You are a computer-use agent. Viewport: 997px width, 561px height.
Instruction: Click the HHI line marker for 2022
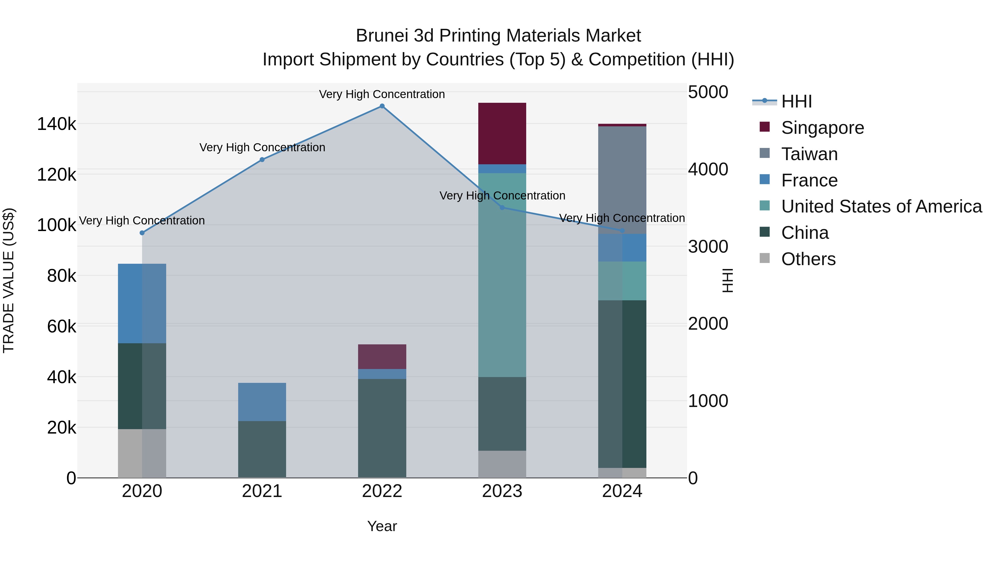pyautogui.click(x=382, y=106)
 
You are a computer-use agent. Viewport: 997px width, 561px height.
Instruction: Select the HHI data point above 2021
pyautogui.click(x=262, y=160)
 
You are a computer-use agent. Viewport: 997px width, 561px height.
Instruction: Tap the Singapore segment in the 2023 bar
pyautogui.click(x=502, y=134)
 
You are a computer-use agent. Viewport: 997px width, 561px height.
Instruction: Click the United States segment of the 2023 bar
pyautogui.click(x=502, y=275)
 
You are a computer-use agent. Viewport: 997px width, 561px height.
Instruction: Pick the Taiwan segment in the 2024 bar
pyautogui.click(x=622, y=178)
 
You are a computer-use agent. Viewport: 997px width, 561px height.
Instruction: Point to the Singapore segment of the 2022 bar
pyautogui.click(x=382, y=357)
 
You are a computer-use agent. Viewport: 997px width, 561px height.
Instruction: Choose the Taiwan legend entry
pyautogui.click(x=809, y=154)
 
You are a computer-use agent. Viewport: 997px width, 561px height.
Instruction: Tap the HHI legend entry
pyautogui.click(x=796, y=101)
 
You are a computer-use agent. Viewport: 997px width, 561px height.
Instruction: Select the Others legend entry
pyautogui.click(x=808, y=259)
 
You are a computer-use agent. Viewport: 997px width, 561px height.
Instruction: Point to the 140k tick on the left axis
pyautogui.click(x=56, y=124)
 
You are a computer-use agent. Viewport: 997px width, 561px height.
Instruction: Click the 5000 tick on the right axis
pyautogui.click(x=708, y=92)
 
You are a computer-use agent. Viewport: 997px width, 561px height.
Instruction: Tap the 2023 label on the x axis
pyautogui.click(x=502, y=491)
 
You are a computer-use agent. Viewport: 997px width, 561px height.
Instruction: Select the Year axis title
pyautogui.click(x=382, y=526)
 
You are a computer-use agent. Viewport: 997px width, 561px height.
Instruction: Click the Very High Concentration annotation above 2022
pyautogui.click(x=382, y=94)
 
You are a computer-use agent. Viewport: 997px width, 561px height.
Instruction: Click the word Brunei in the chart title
pyautogui.click(x=382, y=36)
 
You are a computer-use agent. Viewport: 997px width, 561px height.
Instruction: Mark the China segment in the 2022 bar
pyautogui.click(x=382, y=428)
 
